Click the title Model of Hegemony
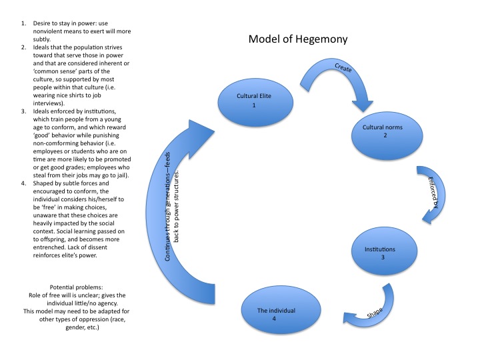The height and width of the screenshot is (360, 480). coord(297,39)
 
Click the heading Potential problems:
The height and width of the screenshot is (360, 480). coord(81,285)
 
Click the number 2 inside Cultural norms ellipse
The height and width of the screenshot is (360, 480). coord(385,135)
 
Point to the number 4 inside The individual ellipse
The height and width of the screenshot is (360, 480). coord(276,319)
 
